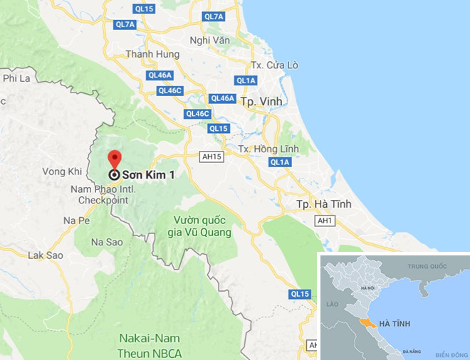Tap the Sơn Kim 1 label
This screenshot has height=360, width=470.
[148, 174]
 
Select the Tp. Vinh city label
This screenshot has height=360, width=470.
[260, 102]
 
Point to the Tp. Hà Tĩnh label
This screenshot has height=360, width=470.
[325, 205]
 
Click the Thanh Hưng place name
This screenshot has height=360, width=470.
[150, 54]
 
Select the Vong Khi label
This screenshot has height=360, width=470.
[63, 171]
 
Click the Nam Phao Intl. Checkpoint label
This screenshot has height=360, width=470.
[99, 194]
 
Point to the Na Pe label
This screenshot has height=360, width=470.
[76, 221]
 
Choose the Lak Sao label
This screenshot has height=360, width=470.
[46, 255]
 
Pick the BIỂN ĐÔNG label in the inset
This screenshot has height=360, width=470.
[450, 354]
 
